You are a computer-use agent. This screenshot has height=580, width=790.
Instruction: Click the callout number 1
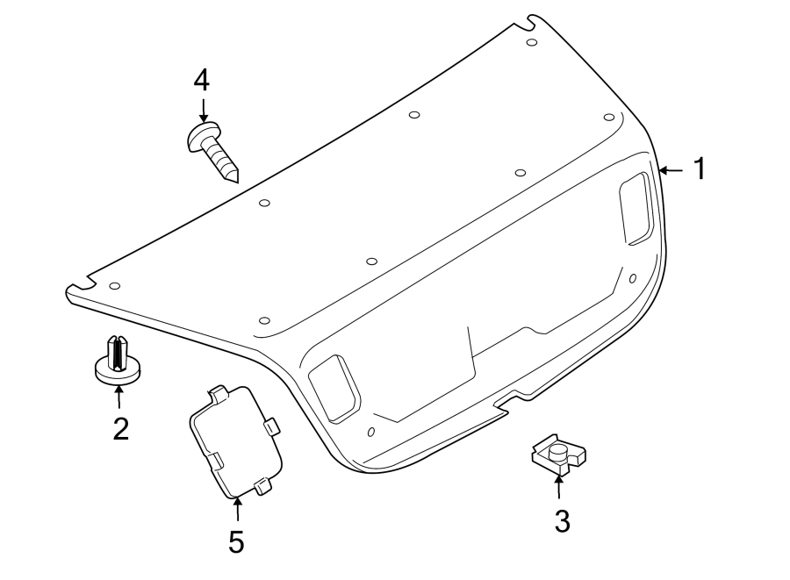coord(700,168)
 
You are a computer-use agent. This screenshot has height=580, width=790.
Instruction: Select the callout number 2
coord(120,428)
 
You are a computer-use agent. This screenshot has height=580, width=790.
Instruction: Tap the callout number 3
coord(562,521)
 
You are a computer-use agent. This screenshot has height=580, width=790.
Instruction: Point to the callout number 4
coord(202,81)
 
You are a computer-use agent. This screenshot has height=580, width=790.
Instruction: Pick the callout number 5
coord(236,541)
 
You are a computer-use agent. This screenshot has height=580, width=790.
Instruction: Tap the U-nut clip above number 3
coord(558,455)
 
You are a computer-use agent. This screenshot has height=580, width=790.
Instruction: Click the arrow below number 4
coord(203,112)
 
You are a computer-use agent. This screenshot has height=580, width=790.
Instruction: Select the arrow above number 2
coord(118,397)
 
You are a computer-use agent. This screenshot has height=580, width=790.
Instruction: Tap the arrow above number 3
coord(559,486)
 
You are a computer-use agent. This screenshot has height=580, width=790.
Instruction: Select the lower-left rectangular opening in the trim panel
coord(334,386)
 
